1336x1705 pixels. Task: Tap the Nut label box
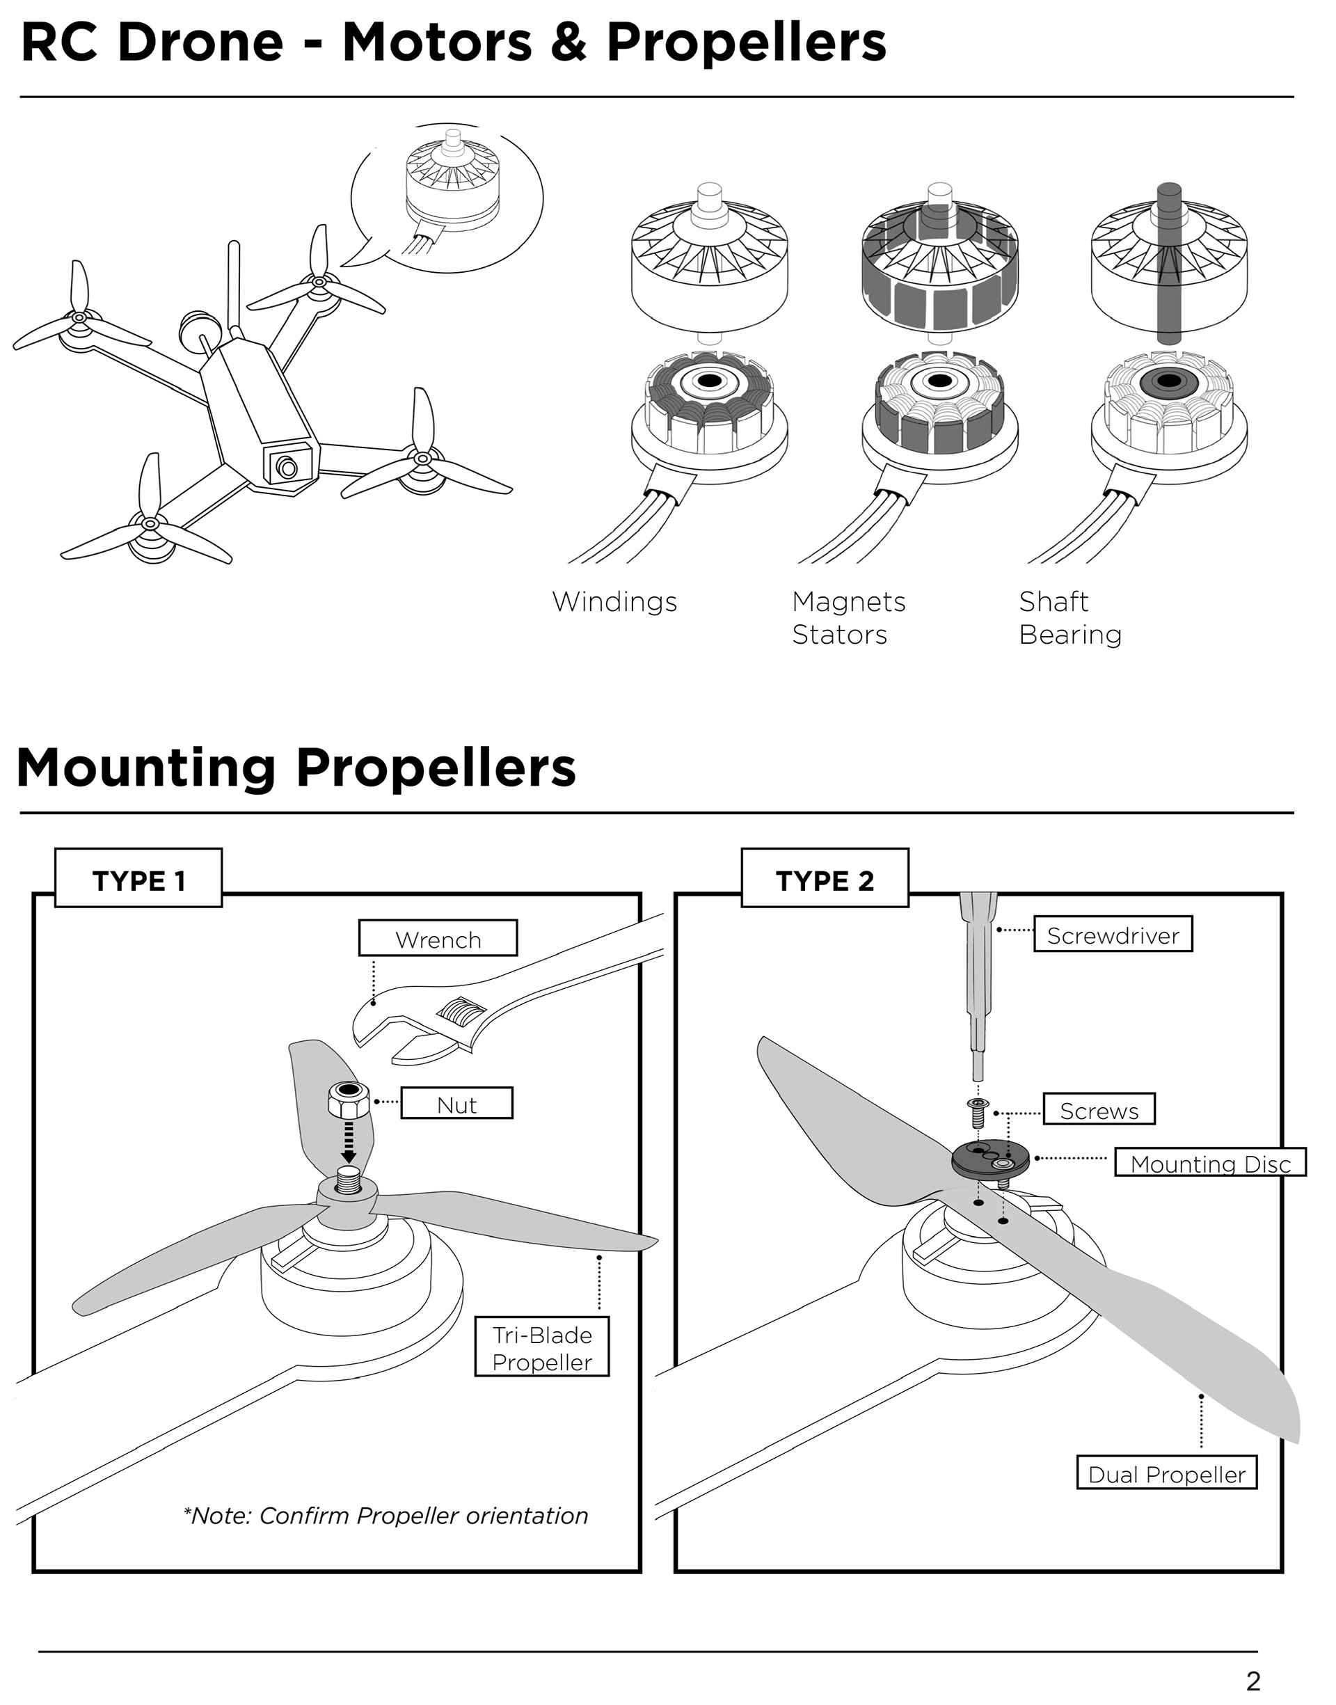click(456, 1104)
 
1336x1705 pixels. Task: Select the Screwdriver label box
click(1113, 934)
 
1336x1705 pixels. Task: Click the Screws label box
click(1099, 1109)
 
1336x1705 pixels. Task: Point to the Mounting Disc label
click(1210, 1162)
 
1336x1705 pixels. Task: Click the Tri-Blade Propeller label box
click(542, 1349)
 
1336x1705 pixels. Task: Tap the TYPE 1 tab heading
click(138, 879)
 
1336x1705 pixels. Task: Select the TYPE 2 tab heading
click(825, 879)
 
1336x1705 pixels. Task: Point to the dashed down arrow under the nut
click(349, 1142)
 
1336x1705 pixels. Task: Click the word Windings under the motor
click(615, 601)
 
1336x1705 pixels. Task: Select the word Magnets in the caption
click(849, 601)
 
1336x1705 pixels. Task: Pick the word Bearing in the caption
click(1070, 634)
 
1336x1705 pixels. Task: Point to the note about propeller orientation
click(385, 1516)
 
